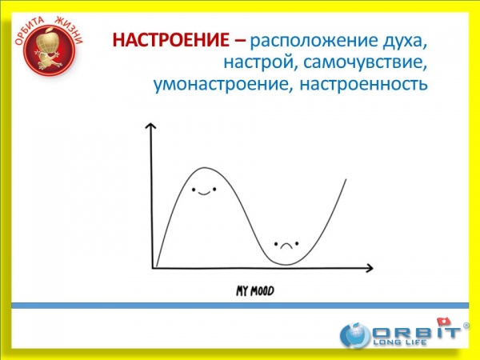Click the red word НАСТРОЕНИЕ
(171, 40)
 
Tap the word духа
(404, 42)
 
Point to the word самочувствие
(362, 62)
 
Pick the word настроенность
(363, 84)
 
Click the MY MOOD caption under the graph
(254, 291)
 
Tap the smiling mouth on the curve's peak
(204, 193)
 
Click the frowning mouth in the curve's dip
(286, 246)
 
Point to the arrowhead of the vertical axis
(150, 126)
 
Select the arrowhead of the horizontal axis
(369, 268)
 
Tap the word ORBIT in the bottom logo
(416, 332)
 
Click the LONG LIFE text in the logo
(400, 342)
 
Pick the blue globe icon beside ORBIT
(355, 335)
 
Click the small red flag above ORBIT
(444, 322)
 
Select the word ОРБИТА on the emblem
(28, 30)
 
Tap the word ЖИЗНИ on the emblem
(70, 30)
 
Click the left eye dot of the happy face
(194, 190)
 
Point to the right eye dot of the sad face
(296, 244)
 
